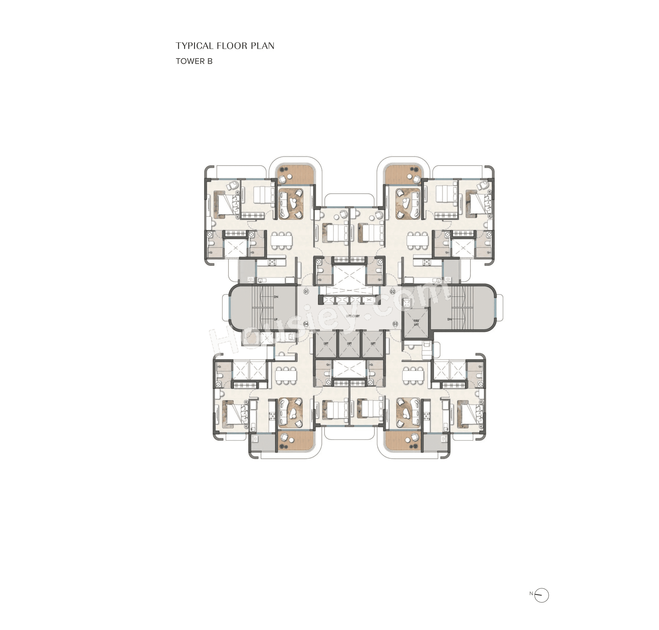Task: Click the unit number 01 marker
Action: pos(306,291)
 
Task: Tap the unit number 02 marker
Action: pos(393,291)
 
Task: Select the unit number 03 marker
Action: pos(395,324)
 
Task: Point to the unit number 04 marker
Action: pos(306,324)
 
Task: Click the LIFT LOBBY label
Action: pos(353,316)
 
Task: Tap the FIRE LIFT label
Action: pos(416,322)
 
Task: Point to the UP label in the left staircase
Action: pos(276,319)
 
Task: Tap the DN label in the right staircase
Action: pos(449,319)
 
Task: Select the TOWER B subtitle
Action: pos(194,61)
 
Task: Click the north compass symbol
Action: pos(541,595)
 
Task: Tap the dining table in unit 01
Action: pos(282,240)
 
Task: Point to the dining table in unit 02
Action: pos(418,240)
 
